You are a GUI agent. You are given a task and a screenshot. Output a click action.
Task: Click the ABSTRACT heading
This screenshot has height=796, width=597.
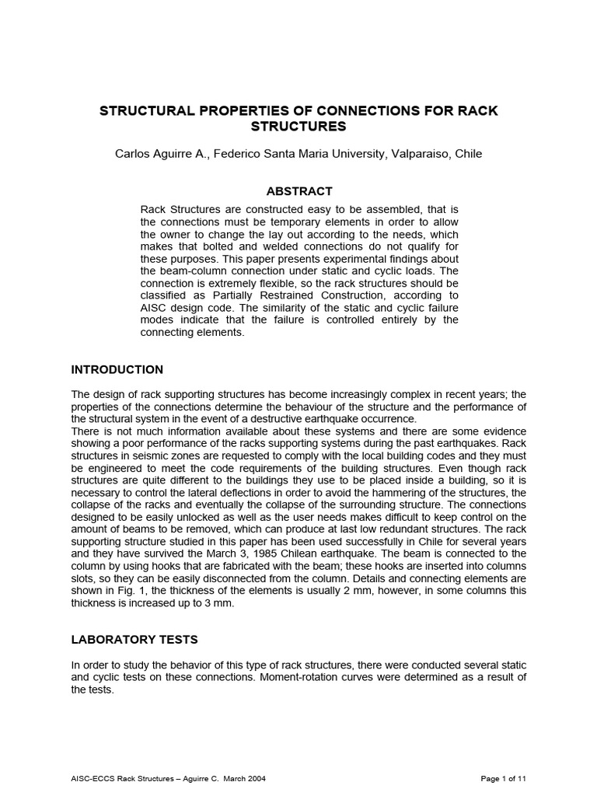(299, 191)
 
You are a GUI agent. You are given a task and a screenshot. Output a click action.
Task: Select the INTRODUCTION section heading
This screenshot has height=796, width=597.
(117, 369)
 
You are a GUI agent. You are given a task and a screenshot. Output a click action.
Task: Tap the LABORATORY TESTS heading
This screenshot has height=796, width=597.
(134, 640)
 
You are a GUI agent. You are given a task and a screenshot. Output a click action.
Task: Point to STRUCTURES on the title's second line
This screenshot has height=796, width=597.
(299, 126)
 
